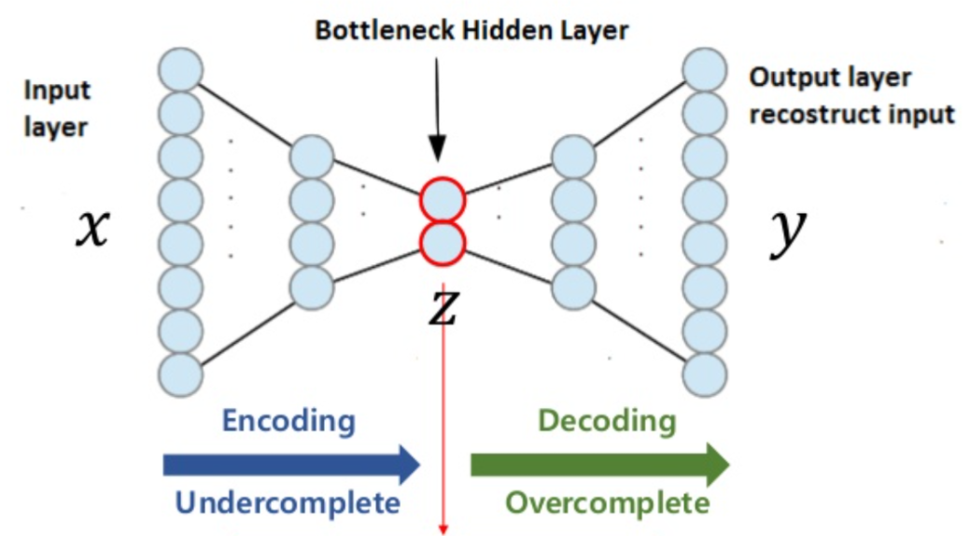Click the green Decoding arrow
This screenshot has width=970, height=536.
[598, 464]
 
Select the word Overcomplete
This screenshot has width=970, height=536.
[607, 503]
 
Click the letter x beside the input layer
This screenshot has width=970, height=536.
[91, 227]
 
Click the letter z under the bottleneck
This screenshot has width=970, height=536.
[443, 308]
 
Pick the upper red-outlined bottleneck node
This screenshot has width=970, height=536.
[442, 200]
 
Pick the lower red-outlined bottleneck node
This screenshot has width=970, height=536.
[442, 244]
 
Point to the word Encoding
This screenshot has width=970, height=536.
[288, 420]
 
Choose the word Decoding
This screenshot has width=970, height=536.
[607, 420]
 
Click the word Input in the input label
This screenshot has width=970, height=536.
[57, 91]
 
